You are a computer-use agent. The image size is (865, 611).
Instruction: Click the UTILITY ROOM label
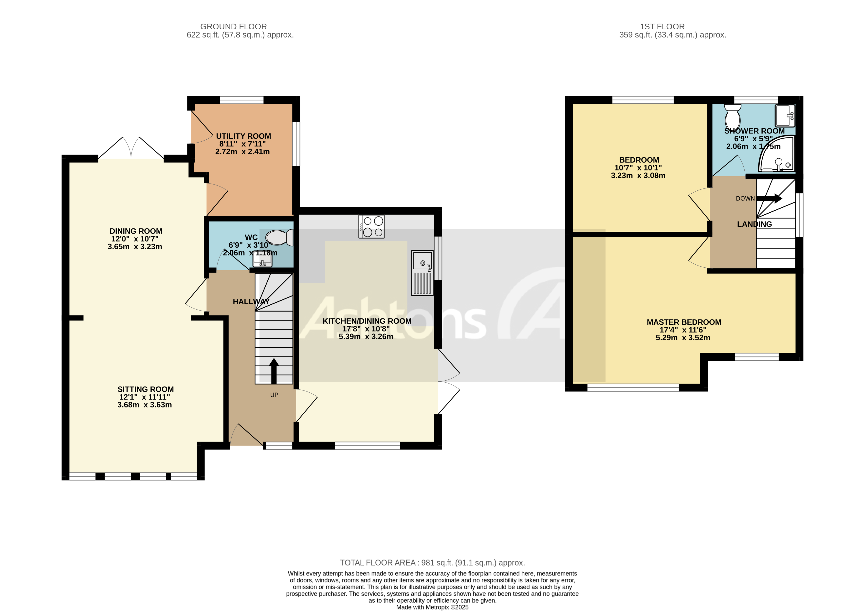click(243, 136)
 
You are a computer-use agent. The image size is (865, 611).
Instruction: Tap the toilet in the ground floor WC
click(279, 238)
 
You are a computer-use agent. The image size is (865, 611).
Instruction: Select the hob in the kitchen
click(371, 226)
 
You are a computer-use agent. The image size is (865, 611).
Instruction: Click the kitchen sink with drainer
click(422, 273)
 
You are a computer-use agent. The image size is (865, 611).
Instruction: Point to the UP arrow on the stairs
click(274, 371)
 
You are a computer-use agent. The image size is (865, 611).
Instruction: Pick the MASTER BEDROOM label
click(684, 322)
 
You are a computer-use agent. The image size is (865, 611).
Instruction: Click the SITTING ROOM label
click(146, 389)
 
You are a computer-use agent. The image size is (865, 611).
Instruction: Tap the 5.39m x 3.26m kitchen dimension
click(366, 337)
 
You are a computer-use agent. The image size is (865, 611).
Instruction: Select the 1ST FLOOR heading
click(662, 27)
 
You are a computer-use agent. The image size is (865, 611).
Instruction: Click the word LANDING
click(754, 224)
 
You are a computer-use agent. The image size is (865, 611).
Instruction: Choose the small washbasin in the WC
click(263, 260)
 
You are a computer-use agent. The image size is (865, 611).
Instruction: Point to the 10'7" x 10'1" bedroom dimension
click(638, 168)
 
